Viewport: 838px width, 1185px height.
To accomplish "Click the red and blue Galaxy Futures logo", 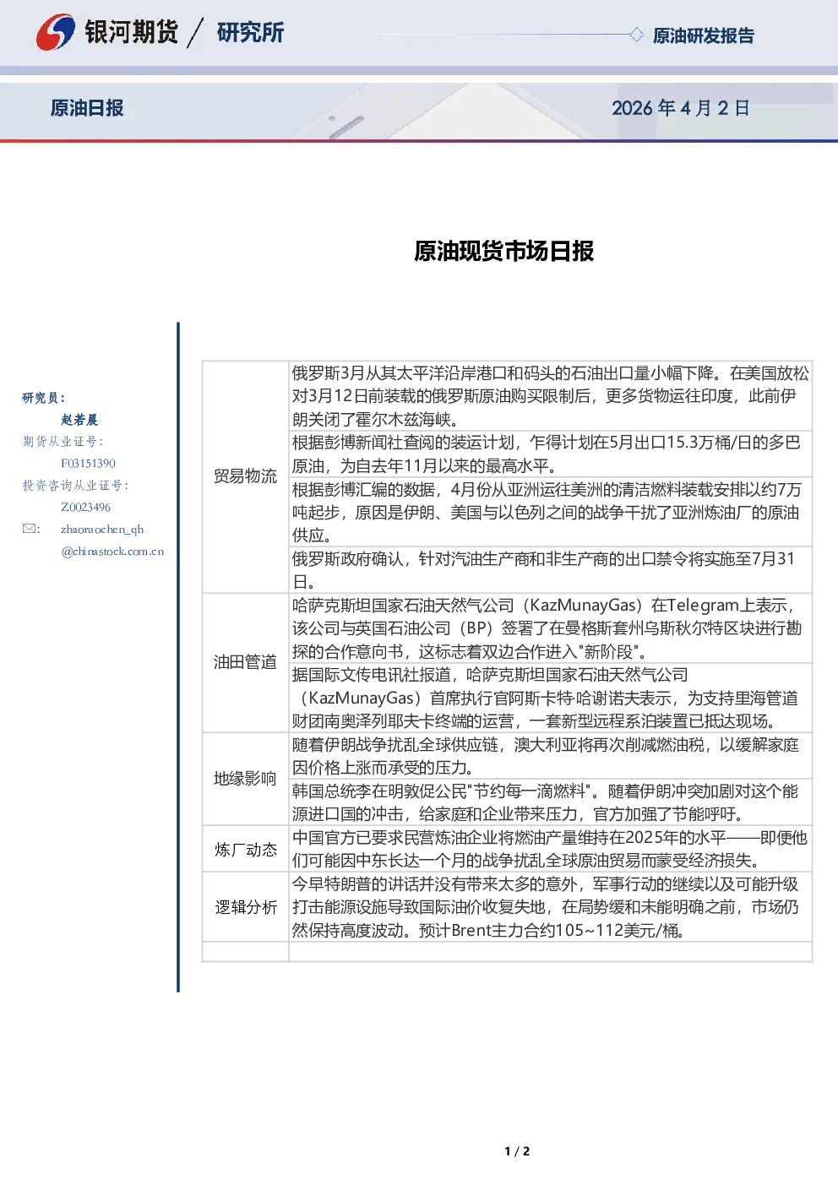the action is [x=56, y=32].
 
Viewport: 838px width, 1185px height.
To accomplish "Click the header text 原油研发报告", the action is [x=703, y=35].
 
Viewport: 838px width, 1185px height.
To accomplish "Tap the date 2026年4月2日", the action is [x=680, y=108].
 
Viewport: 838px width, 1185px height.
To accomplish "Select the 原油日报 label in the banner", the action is [x=87, y=108].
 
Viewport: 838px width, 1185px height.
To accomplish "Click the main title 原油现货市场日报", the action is [x=503, y=251].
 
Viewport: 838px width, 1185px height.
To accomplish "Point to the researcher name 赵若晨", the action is [x=79, y=420].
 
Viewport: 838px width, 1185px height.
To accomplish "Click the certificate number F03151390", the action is [x=88, y=464].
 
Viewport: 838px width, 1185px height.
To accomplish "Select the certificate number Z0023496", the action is [x=85, y=508].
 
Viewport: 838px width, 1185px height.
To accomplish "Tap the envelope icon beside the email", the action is [x=30, y=529].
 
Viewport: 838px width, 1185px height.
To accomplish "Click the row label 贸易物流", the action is [x=246, y=476].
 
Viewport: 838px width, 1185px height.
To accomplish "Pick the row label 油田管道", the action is [x=246, y=662].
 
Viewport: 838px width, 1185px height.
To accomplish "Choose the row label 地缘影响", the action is [x=246, y=778].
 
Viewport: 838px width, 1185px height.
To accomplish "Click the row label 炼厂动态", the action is [x=246, y=849].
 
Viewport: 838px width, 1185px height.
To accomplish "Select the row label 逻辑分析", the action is [x=246, y=907].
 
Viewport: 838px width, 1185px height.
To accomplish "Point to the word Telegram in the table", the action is [x=703, y=606].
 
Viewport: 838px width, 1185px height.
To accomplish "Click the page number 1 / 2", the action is [x=517, y=1151].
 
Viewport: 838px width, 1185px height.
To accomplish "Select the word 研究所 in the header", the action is [x=250, y=32].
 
